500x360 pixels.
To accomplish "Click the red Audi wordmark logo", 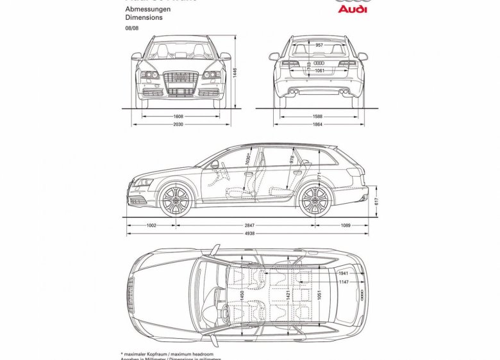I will pyautogui.click(x=352, y=10).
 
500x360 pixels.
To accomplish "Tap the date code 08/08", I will pyautogui.click(x=131, y=29).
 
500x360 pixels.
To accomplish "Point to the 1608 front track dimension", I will pyautogui.click(x=178, y=117).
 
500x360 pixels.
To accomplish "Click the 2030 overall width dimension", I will pyautogui.click(x=178, y=124).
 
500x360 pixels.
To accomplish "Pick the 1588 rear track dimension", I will pyautogui.click(x=318, y=117).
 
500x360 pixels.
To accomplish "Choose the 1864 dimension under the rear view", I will pyautogui.click(x=318, y=124).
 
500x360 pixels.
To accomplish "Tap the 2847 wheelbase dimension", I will pyautogui.click(x=249, y=225).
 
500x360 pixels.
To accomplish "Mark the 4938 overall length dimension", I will pyautogui.click(x=249, y=234).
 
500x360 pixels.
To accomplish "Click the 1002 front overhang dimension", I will pyautogui.click(x=151, y=225).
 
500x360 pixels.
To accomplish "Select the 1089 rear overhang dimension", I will pyautogui.click(x=346, y=225).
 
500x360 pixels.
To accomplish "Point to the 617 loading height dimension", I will pyautogui.click(x=377, y=201).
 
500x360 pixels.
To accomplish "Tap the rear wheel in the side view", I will pyautogui.click(x=314, y=200).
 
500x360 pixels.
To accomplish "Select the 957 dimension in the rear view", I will pyautogui.click(x=319, y=45).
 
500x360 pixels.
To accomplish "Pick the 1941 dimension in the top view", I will pyautogui.click(x=344, y=273).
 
